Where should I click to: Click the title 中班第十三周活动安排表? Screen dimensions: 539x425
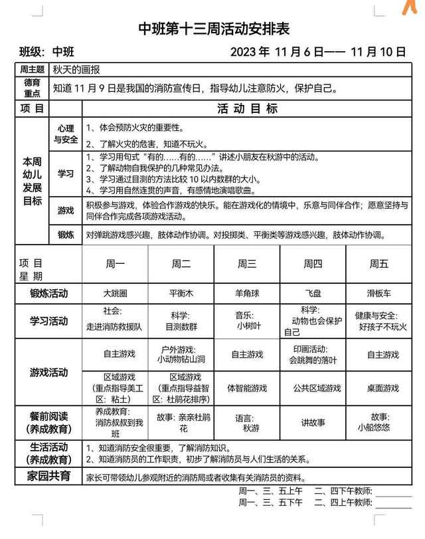click(x=214, y=29)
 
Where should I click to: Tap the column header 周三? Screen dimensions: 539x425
click(x=247, y=264)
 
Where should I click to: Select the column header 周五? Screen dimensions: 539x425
click(x=379, y=264)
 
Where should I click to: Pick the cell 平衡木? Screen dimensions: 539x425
click(x=181, y=293)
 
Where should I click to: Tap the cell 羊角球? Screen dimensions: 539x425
click(x=247, y=293)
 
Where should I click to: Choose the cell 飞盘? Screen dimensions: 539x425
click(x=313, y=293)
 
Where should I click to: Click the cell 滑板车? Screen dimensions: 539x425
click(x=379, y=293)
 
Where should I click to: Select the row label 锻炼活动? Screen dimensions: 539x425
click(x=48, y=293)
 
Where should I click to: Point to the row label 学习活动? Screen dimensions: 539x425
click(x=48, y=321)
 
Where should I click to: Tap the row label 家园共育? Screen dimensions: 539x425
click(x=48, y=477)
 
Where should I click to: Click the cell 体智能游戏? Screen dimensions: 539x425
click(x=247, y=388)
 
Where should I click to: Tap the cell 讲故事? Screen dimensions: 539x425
click(x=313, y=422)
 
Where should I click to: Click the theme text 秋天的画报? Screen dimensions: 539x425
click(x=76, y=69)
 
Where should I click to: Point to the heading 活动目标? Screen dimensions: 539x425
click(x=247, y=109)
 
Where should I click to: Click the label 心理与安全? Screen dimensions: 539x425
click(x=66, y=134)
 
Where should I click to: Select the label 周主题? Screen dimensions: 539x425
click(x=33, y=69)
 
